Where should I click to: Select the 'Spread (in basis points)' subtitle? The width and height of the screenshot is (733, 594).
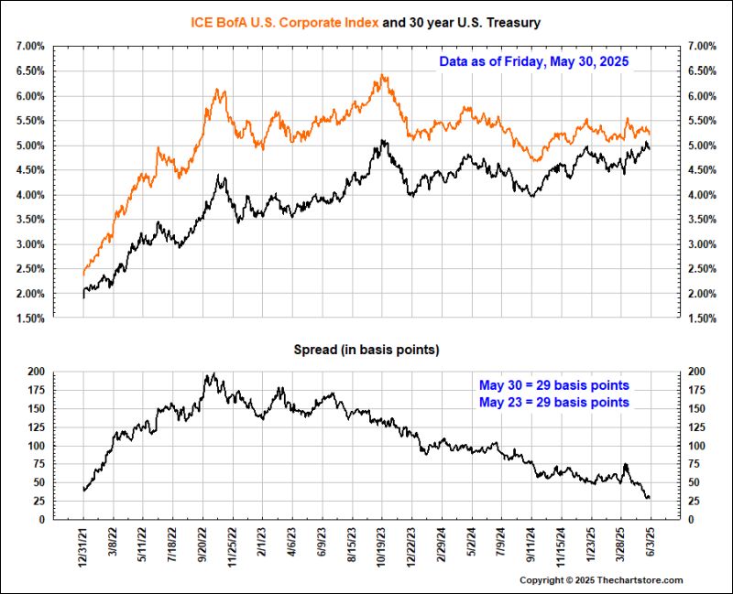(x=366, y=351)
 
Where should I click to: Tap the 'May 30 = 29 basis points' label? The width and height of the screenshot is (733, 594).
(x=566, y=384)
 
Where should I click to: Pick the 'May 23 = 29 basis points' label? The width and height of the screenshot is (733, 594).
(x=566, y=403)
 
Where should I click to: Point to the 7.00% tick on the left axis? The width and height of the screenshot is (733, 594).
(x=29, y=46)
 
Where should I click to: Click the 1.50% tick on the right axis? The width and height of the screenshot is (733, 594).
(x=703, y=319)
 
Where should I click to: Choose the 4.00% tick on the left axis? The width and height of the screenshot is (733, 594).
(x=29, y=195)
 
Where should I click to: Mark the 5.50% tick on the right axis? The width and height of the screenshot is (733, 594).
(x=703, y=121)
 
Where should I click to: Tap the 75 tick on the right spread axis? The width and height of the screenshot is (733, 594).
(x=698, y=464)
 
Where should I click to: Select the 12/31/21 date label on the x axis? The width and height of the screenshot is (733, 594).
(x=83, y=547)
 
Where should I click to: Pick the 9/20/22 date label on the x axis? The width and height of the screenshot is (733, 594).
(x=203, y=547)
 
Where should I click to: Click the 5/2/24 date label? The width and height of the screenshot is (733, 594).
(x=471, y=545)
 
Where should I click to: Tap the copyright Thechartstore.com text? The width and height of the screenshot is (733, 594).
(x=601, y=580)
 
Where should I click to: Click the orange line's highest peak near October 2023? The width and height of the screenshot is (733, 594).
(x=380, y=76)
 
